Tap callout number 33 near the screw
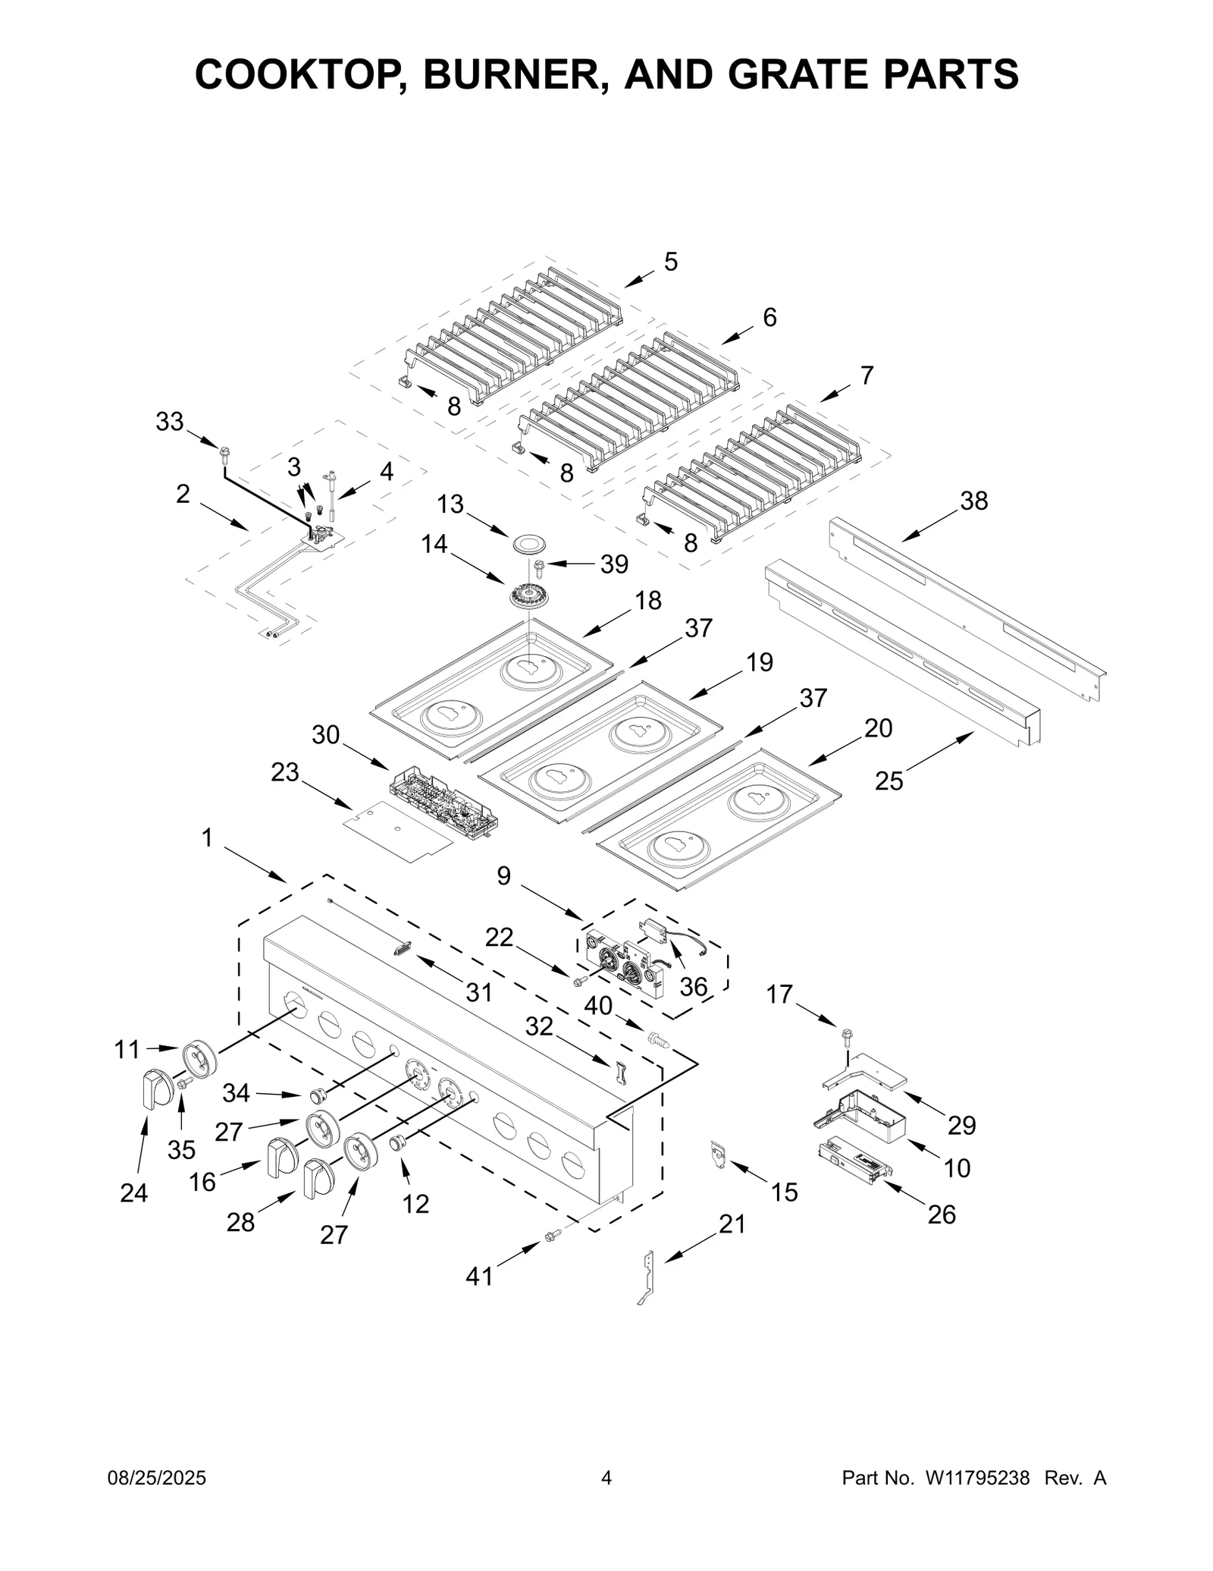[x=170, y=422]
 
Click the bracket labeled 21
[x=647, y=1277]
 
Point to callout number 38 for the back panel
[x=974, y=501]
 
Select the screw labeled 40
[x=657, y=1040]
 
